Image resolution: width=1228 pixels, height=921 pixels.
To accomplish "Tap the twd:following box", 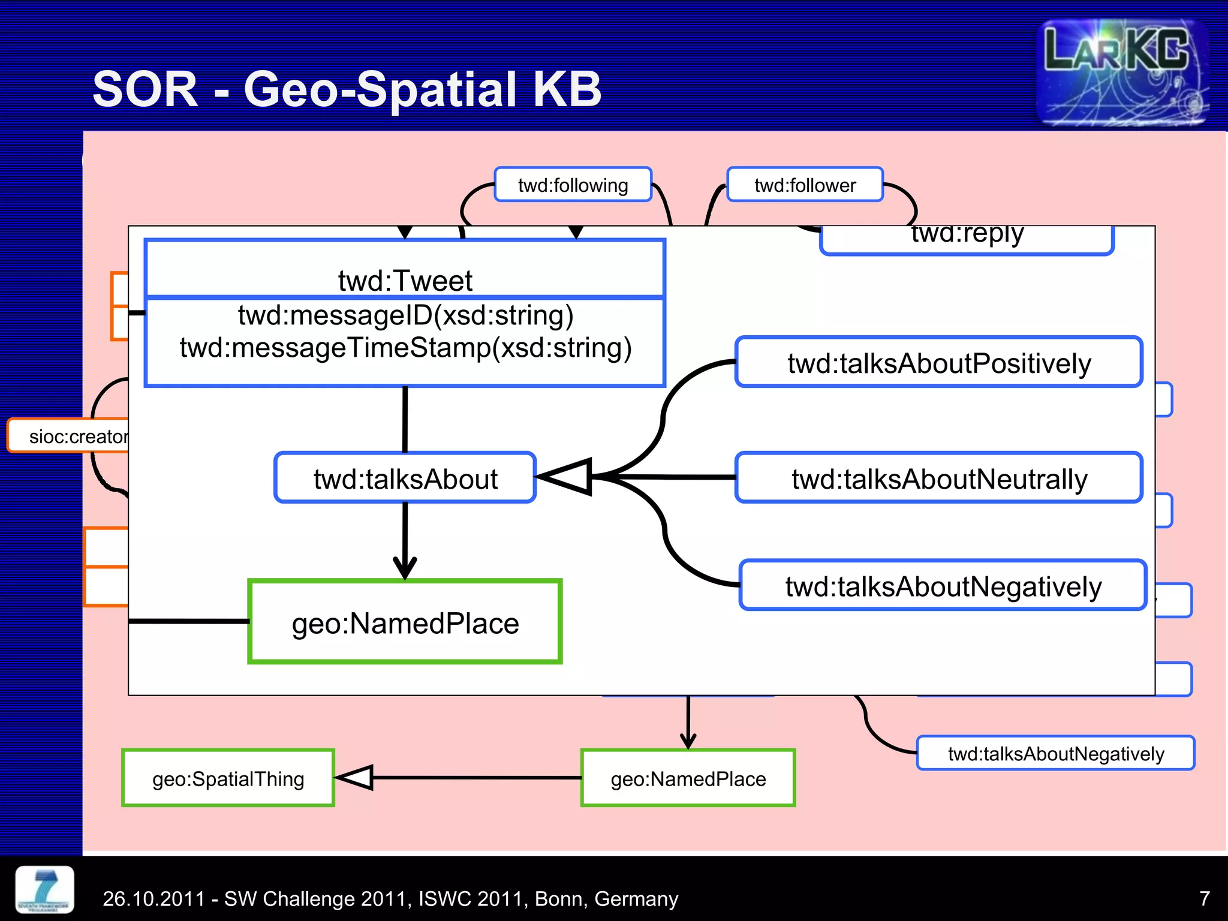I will point(573,185).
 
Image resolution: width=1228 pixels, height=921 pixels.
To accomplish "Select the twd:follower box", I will point(805,185).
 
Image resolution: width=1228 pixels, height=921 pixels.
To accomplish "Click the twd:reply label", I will point(967,235).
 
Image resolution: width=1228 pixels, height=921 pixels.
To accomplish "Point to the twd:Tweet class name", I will point(405,280).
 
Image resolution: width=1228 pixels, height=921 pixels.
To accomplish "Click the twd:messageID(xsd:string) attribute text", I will point(405,315).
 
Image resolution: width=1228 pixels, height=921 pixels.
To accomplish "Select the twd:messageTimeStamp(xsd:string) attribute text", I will point(405,348).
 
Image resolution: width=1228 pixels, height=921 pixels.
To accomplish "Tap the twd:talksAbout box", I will point(405,478).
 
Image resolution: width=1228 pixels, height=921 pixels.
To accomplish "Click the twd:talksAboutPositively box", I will point(939,363).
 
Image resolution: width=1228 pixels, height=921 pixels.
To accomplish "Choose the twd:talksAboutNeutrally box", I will point(939,478).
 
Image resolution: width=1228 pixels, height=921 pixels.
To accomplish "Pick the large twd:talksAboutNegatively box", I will point(943,586).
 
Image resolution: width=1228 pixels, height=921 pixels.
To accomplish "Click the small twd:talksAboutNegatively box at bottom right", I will point(1055,754).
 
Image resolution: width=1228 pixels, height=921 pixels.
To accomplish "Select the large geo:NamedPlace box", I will point(405,622).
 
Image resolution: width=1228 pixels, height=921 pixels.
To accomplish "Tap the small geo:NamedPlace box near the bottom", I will point(688,778).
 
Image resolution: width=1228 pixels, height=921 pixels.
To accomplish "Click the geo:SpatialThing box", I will point(228,778).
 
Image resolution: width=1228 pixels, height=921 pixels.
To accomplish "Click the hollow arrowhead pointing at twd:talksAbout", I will point(567,477).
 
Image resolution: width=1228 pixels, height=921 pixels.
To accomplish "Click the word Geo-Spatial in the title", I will point(380,89).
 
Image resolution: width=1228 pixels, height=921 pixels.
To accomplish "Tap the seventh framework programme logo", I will point(45,889).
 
